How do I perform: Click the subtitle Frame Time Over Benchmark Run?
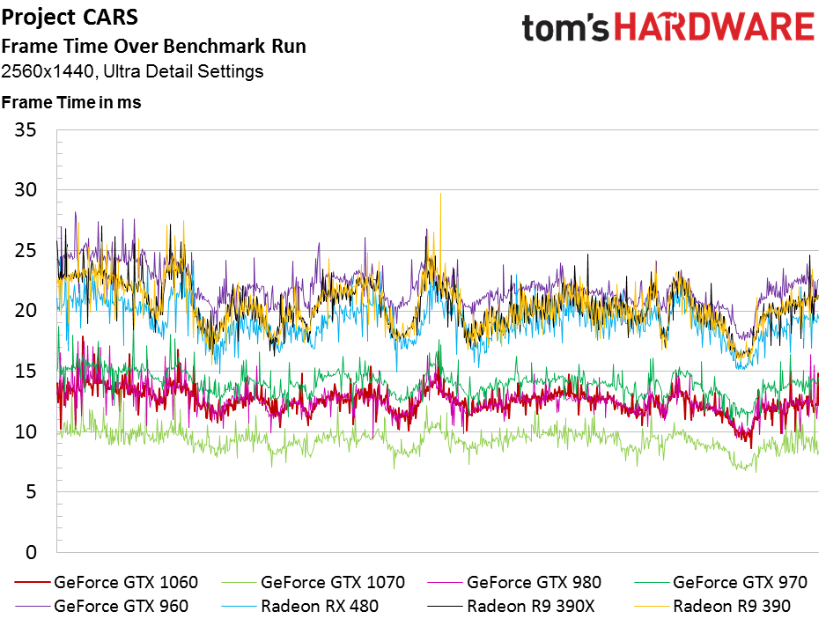(154, 47)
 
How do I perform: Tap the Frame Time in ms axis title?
(72, 102)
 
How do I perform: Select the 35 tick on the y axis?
(26, 131)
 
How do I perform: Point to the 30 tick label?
(26, 191)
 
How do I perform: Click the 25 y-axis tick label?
(26, 252)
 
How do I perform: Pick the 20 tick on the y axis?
(26, 312)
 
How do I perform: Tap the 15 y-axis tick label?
(26, 372)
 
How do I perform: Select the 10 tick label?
(26, 432)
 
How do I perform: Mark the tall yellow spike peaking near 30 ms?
(439, 196)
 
